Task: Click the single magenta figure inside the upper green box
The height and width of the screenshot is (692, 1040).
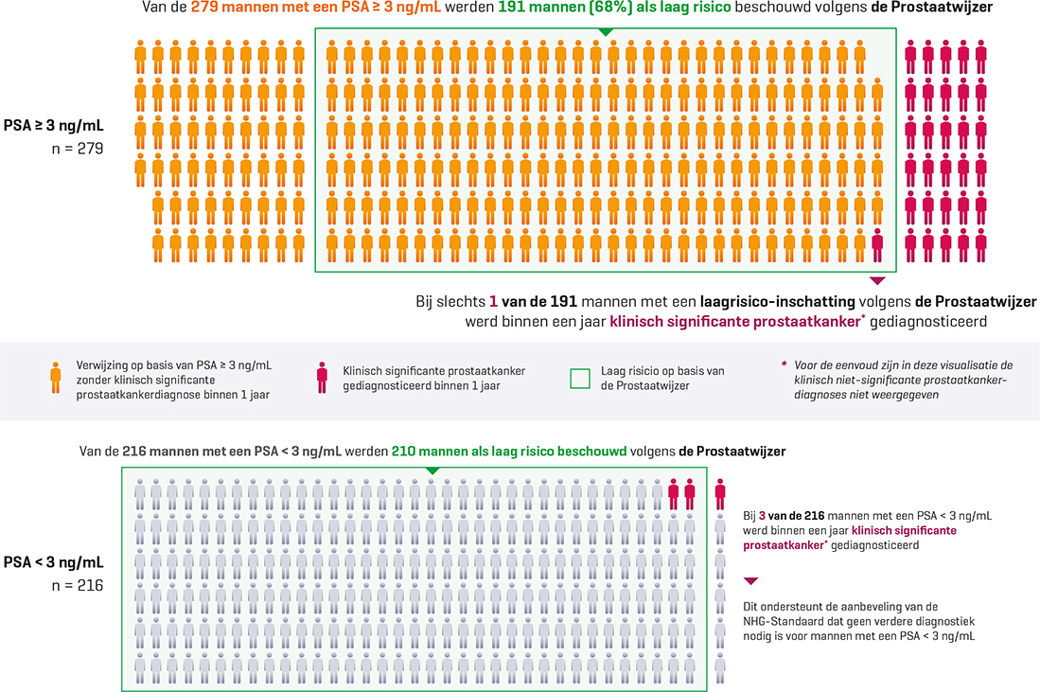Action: (x=877, y=244)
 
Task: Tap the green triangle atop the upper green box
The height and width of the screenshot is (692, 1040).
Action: (x=606, y=33)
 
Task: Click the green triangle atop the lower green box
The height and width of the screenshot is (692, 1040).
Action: (x=432, y=470)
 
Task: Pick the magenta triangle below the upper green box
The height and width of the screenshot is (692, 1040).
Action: (x=877, y=280)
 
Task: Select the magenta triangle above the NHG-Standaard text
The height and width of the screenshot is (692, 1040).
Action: (x=752, y=581)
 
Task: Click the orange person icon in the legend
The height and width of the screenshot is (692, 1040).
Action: (x=58, y=378)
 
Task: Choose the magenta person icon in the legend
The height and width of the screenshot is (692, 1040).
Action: (x=323, y=378)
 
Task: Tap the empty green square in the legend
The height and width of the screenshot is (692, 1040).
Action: (x=581, y=378)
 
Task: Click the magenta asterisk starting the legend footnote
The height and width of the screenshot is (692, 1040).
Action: (x=784, y=364)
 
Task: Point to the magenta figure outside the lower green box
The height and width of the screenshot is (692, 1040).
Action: (x=720, y=493)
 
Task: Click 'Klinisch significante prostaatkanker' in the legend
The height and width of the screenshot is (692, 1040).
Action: (x=434, y=371)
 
